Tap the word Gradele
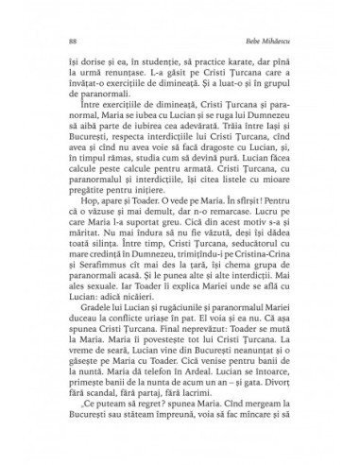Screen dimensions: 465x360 point(100,346)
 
